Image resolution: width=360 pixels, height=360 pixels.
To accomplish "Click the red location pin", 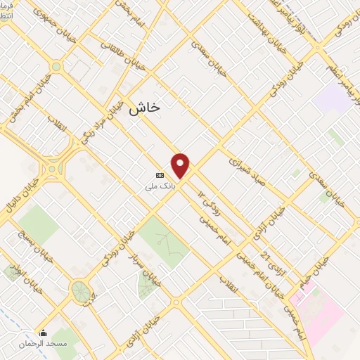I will pyautogui.click(x=181, y=166).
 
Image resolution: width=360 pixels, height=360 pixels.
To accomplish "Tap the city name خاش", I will pyautogui.click(x=145, y=107).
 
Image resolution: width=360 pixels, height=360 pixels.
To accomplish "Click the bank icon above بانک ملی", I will pyautogui.click(x=160, y=175).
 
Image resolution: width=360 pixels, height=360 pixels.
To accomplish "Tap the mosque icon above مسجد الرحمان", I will pyautogui.click(x=43, y=333).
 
